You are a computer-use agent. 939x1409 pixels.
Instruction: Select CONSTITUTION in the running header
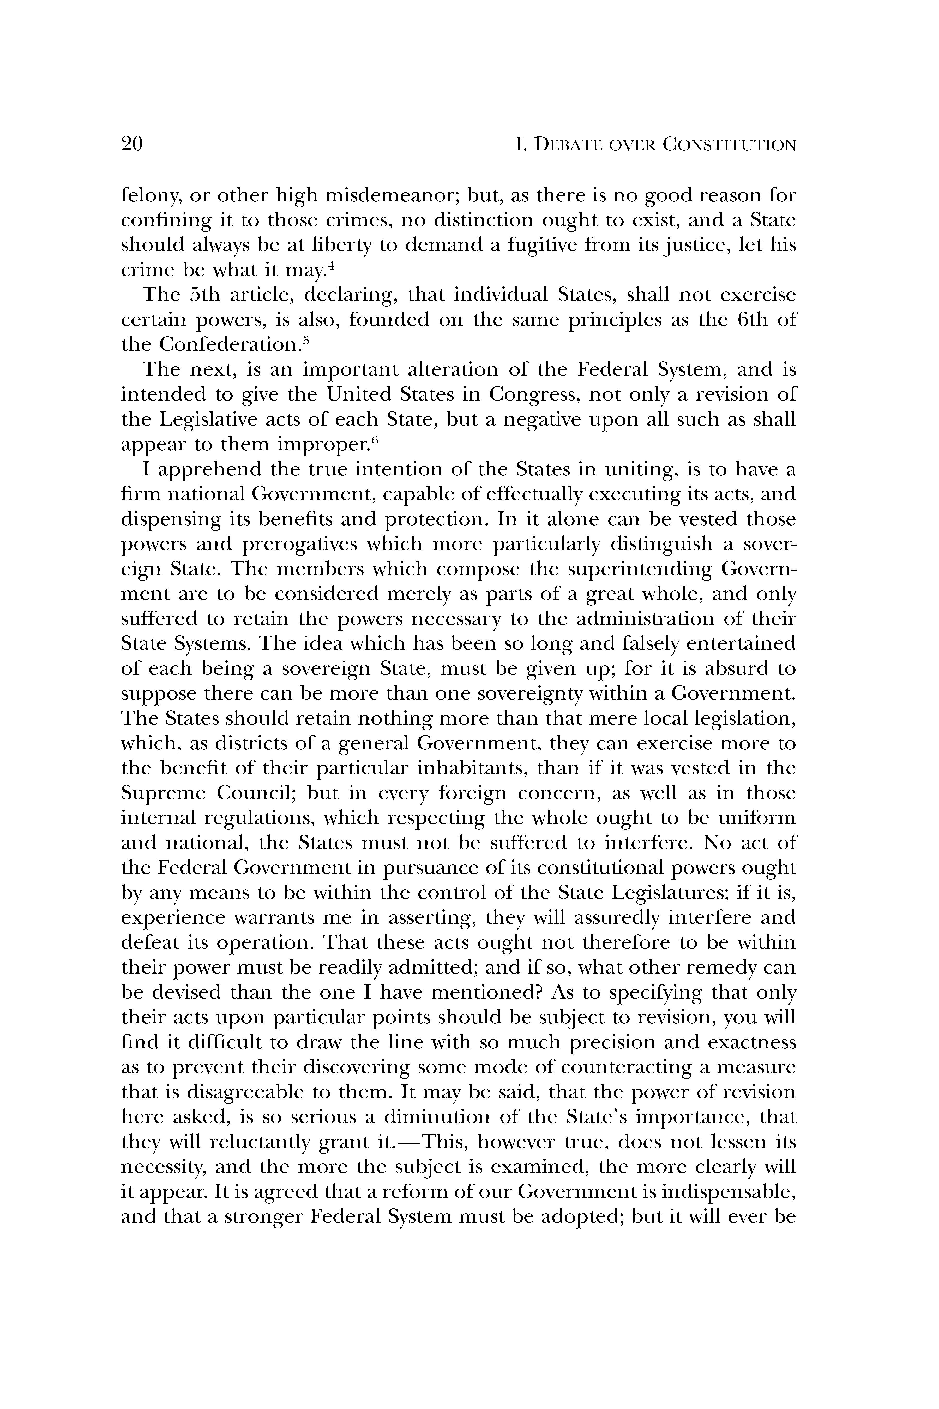click(x=729, y=145)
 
